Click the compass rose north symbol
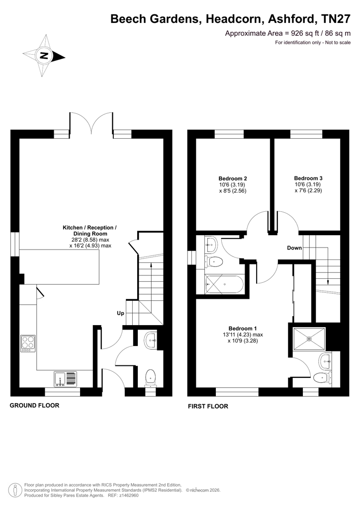(x=44, y=56)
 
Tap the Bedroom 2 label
(x=233, y=178)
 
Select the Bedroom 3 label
(x=308, y=178)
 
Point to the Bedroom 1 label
(x=243, y=329)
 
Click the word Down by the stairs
(x=294, y=248)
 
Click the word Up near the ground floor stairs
(x=120, y=313)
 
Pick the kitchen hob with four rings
(x=28, y=343)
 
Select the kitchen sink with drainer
(x=66, y=379)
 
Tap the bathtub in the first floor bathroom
(x=224, y=284)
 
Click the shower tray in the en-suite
(x=309, y=339)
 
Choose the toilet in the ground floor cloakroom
(x=150, y=378)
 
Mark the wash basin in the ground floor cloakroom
(x=151, y=340)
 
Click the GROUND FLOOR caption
(x=34, y=406)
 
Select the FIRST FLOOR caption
(x=208, y=406)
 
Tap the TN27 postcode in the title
(x=336, y=19)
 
